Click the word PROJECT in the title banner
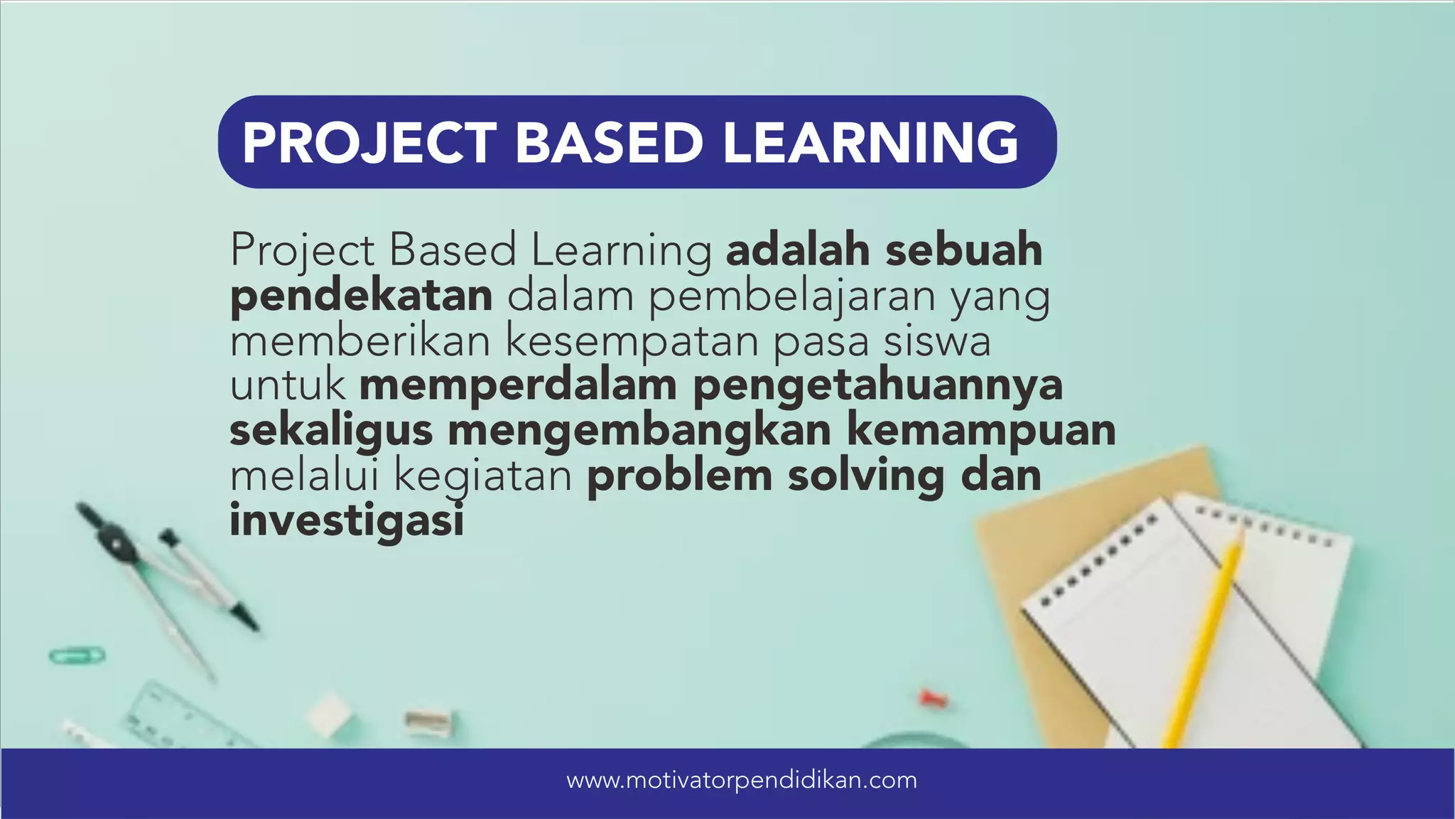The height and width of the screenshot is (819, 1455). coord(369,143)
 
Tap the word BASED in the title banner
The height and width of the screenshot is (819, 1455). coord(609,143)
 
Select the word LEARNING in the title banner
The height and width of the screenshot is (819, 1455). coord(870,143)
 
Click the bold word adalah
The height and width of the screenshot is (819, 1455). coord(798,250)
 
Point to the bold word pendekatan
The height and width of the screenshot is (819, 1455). coord(361,296)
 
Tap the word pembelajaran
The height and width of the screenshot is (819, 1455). coord(792,297)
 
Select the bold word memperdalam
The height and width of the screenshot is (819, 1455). coord(519,386)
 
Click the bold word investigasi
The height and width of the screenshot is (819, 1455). coord(347,521)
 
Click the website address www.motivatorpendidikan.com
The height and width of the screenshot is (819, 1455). coord(742,781)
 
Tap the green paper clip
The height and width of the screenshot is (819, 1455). coord(76,655)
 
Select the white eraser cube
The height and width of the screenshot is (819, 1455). coord(330,712)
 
